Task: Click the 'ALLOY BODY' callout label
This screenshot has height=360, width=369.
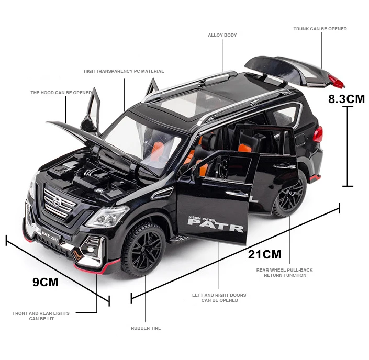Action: (x=222, y=35)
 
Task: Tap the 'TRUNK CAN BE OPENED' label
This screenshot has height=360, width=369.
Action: (x=320, y=29)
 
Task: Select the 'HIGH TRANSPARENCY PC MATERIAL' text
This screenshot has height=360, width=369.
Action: (x=124, y=71)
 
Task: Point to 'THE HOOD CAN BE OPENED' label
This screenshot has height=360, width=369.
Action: (x=61, y=93)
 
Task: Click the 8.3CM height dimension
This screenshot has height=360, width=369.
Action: (x=346, y=98)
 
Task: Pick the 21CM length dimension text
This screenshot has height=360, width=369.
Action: (x=264, y=254)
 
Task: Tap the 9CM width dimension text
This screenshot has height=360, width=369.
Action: (x=45, y=283)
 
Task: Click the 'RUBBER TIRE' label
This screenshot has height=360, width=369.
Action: (x=146, y=328)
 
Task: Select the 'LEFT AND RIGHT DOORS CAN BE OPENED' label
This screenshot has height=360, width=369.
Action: (x=219, y=298)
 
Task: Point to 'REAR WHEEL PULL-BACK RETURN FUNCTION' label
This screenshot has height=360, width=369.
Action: (x=284, y=273)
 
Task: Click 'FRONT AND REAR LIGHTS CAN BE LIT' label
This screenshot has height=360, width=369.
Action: (x=41, y=316)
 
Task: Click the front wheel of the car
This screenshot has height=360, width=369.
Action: (x=143, y=249)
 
